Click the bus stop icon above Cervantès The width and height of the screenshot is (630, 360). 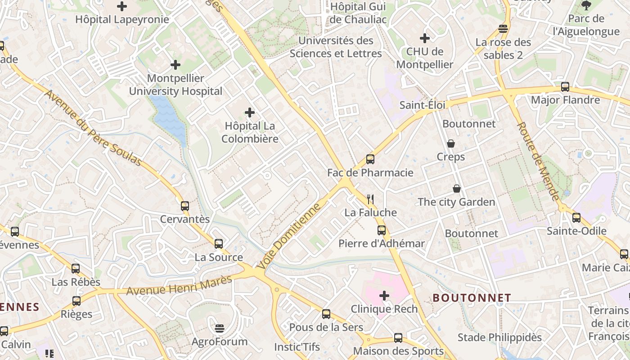click(x=184, y=206)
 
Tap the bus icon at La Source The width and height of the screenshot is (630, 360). click(x=219, y=244)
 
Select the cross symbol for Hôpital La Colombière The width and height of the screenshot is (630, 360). click(x=250, y=112)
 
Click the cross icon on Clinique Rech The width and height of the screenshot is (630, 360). click(x=384, y=296)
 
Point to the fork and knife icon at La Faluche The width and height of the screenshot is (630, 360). click(x=370, y=199)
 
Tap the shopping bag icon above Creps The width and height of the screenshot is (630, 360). click(x=451, y=144)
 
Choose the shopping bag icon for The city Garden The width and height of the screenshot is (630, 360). click(x=457, y=189)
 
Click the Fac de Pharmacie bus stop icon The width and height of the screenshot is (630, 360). click(x=370, y=159)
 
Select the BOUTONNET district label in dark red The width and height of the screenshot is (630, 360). click(x=472, y=298)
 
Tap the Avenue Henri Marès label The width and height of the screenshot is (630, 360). click(x=179, y=285)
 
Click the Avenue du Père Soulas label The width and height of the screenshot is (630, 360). click(x=94, y=128)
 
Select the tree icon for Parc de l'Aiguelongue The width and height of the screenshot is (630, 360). click(x=586, y=5)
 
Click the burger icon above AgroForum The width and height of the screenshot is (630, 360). click(x=219, y=328)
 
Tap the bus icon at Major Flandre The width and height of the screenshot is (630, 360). click(x=565, y=87)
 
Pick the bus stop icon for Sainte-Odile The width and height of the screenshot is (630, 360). click(x=576, y=218)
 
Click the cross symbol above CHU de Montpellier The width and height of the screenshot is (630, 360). click(x=424, y=38)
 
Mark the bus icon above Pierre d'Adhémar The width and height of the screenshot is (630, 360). click(x=382, y=230)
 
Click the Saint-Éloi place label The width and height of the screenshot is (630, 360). click(x=422, y=105)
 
